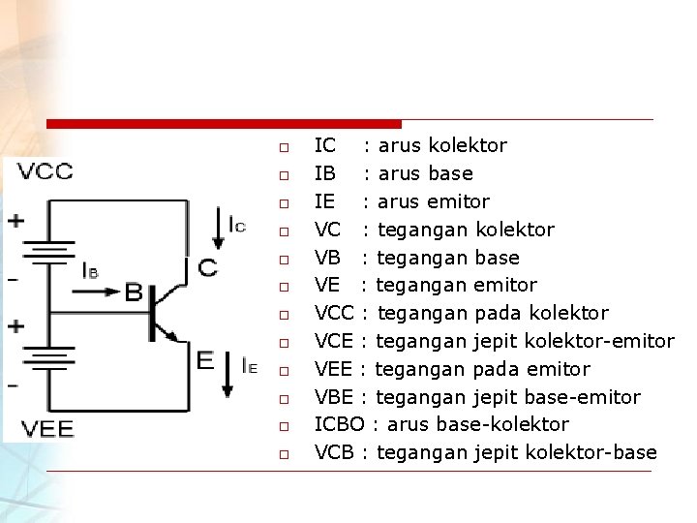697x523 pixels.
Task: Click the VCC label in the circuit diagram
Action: pos(40,172)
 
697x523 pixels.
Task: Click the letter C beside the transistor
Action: pos(207,267)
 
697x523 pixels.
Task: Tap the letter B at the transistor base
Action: pos(134,292)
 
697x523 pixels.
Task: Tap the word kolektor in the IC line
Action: pos(468,146)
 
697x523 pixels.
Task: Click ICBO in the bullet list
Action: pos(341,425)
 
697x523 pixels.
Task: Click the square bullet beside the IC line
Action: pos(283,148)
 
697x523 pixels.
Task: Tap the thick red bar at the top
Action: pos(223,124)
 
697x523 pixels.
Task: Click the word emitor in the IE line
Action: pos(455,201)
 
